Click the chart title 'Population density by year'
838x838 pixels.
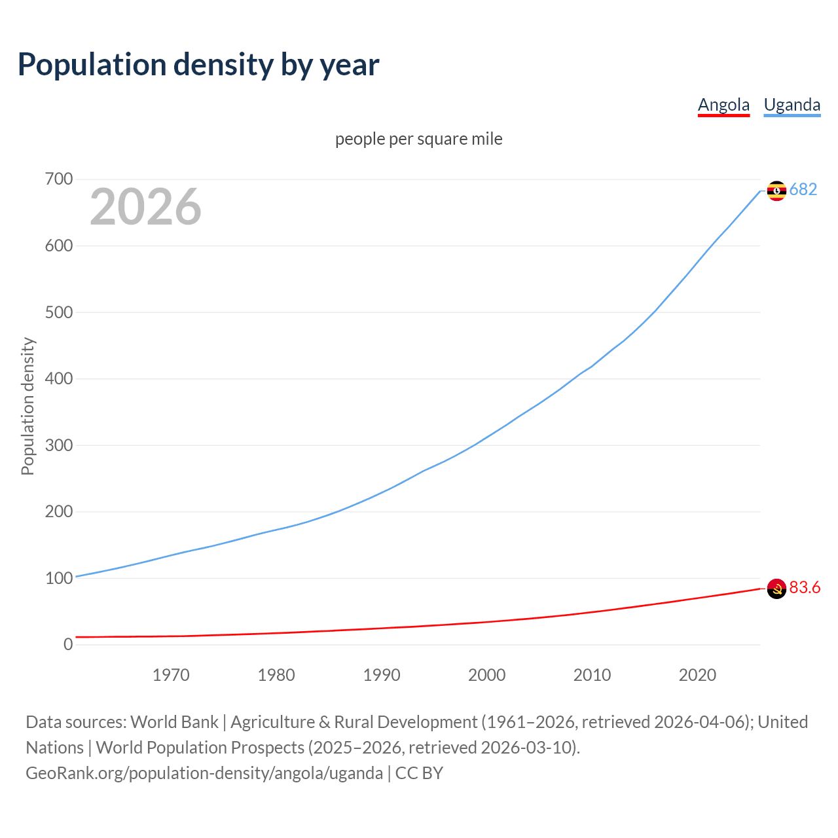[198, 64]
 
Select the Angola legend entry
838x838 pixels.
[723, 105]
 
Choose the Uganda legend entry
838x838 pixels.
[792, 105]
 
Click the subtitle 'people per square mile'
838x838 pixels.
[418, 139]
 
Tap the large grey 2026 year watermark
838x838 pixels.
[145, 207]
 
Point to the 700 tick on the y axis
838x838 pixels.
[59, 179]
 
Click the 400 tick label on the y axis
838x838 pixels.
[59, 378]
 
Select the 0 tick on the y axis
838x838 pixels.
[68, 644]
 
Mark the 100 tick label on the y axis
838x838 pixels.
[59, 578]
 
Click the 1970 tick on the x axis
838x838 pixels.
[171, 675]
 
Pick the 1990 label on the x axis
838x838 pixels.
[382, 675]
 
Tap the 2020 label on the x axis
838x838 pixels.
[697, 675]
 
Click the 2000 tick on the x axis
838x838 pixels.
[487, 675]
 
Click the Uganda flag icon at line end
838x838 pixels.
[776, 191]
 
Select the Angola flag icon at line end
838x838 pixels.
[776, 589]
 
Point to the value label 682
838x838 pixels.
[803, 189]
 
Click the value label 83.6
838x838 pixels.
[805, 587]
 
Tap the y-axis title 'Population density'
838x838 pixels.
[27, 406]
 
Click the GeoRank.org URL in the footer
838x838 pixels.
[204, 773]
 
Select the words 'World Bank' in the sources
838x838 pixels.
[174, 722]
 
